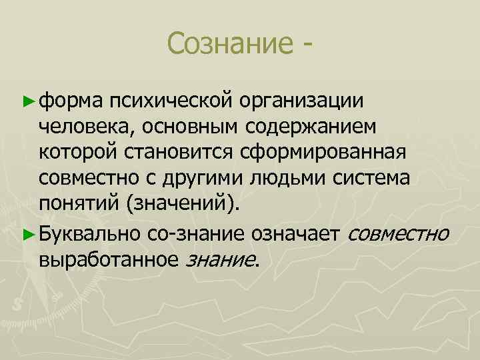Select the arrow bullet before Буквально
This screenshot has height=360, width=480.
pyautogui.click(x=27, y=233)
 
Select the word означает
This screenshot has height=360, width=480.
pyautogui.click(x=295, y=233)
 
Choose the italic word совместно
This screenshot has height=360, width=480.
pyautogui.click(x=398, y=233)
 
